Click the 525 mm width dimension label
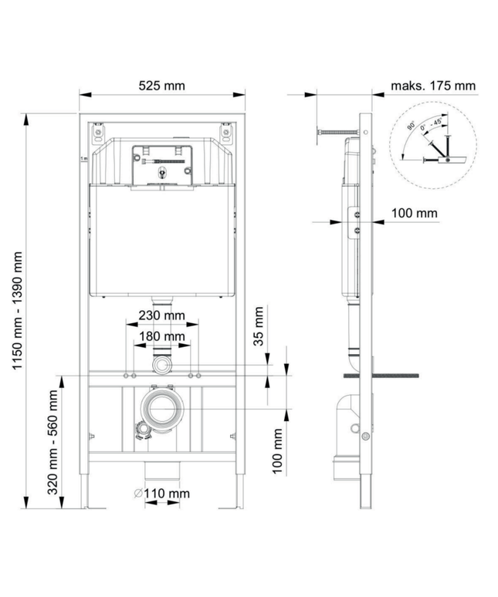pyautogui.click(x=161, y=86)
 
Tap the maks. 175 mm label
pyautogui.click(x=433, y=86)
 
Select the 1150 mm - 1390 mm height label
pyautogui.click(x=18, y=310)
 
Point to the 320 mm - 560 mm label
pyautogui.click(x=53, y=442)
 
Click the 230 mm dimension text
pyautogui.click(x=161, y=315)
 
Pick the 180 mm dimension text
pyautogui.click(x=161, y=336)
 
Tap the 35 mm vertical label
pyautogui.click(x=259, y=326)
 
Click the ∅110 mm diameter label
pyautogui.click(x=161, y=494)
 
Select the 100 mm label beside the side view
pyautogui.click(x=414, y=213)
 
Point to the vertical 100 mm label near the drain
pyautogui.click(x=277, y=451)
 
